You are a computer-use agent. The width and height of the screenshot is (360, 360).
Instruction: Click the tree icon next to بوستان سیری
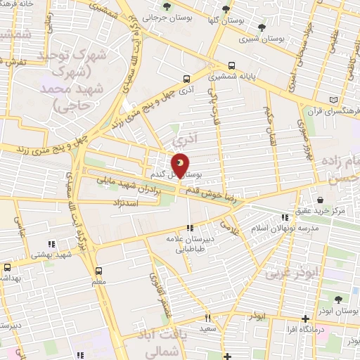tap(262, 28)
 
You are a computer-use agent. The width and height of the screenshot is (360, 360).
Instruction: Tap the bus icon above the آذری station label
tap(186, 79)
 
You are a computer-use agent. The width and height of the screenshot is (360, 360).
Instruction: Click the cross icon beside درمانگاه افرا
tap(304, 319)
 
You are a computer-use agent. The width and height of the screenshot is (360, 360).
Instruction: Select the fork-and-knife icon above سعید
tap(208, 318)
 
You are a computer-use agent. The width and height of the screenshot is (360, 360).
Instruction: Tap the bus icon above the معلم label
tap(98, 270)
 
